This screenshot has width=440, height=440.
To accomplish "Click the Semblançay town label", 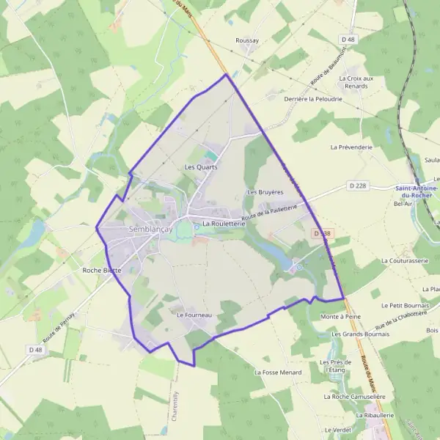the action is coord(150,229).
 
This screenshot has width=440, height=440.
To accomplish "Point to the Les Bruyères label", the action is coord(265,192).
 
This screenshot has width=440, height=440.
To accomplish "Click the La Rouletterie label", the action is coord(224,223).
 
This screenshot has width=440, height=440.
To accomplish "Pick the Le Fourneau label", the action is coord(194,315).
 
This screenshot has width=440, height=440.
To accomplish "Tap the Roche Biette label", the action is coord(102,270).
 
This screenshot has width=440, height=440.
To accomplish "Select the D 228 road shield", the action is coord(356,186).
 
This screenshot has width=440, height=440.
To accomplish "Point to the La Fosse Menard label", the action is coord(278,373).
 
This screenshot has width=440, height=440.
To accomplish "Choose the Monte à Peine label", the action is coord(342,317).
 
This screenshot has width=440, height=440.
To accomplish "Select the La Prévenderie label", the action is coord(352,147).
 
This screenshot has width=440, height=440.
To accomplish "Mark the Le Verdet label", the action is coord(338,430).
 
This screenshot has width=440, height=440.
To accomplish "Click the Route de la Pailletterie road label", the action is coord(269,213).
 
